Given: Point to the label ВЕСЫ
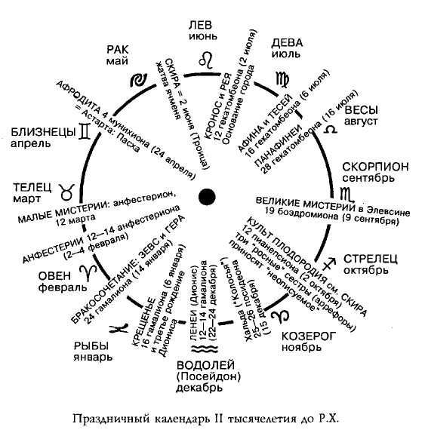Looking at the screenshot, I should pyautogui.click(x=361, y=110).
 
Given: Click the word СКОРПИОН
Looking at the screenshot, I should pyautogui.click(x=375, y=167).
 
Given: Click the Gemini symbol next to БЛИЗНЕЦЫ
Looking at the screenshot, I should pyautogui.click(x=88, y=132).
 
